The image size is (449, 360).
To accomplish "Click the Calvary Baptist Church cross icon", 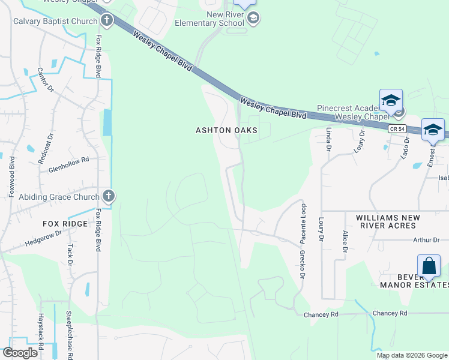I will [107, 21].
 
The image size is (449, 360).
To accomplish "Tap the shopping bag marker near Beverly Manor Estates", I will [429, 266].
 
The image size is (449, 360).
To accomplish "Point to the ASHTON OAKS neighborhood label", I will [226, 130].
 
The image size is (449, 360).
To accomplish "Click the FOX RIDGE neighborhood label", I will [65, 224].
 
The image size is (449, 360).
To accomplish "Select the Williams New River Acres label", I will [386, 221].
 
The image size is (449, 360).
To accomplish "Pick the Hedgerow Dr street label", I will [43, 238].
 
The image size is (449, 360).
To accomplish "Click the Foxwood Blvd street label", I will [12, 174].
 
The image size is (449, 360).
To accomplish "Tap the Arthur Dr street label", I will [427, 240].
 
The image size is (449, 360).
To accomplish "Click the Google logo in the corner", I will [20, 352].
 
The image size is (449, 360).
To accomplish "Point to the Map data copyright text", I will [412, 355].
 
